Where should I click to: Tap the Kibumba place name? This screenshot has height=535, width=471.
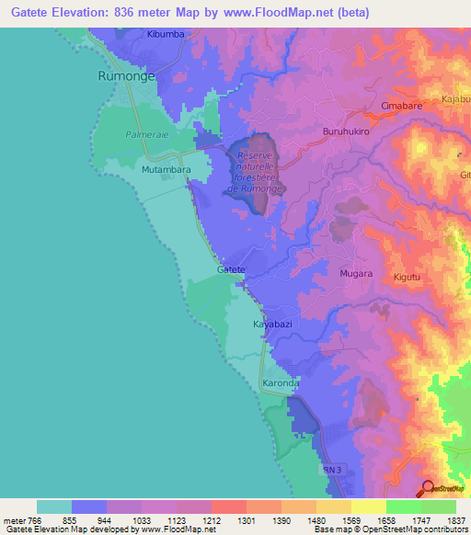167,35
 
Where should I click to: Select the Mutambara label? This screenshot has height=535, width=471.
141,170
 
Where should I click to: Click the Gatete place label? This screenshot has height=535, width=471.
231,269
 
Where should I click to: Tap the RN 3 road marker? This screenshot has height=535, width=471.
337,469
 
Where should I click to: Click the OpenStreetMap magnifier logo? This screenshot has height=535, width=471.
429,488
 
